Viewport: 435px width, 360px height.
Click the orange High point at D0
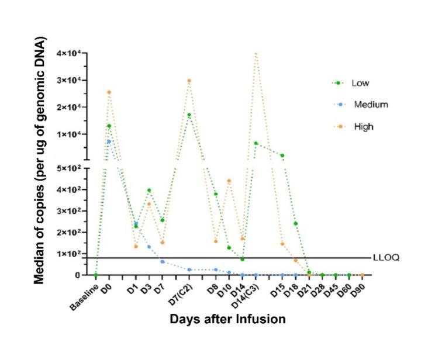point(109,92)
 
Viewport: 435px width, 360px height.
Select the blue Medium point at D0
point(109,141)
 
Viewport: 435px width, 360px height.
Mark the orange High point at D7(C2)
point(189,81)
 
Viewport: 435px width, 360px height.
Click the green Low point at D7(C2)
point(189,115)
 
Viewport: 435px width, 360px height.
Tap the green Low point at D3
point(149,191)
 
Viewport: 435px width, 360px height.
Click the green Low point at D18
point(296,224)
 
